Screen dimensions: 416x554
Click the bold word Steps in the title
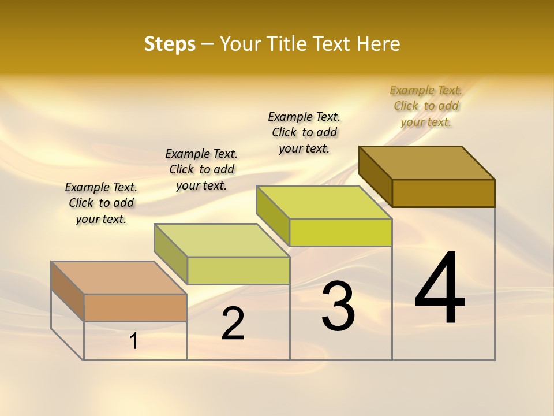click(170, 44)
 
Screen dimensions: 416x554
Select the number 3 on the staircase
click(338, 306)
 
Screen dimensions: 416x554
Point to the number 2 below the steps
click(233, 324)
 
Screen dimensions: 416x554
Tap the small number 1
click(134, 341)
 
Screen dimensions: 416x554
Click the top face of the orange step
click(118, 278)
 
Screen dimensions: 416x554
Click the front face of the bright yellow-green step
click(340, 233)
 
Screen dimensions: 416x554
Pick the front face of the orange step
click(135, 307)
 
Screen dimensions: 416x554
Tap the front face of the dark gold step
click(443, 193)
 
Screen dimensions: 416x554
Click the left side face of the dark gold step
click(376, 173)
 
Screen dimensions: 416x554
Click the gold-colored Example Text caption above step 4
click(426, 106)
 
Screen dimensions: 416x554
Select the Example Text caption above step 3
click(304, 132)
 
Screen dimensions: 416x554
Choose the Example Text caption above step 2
click(201, 169)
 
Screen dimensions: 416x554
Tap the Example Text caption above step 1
click(101, 203)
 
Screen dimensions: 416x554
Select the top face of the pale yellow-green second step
click(222, 240)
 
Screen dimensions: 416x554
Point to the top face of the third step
click(324, 202)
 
